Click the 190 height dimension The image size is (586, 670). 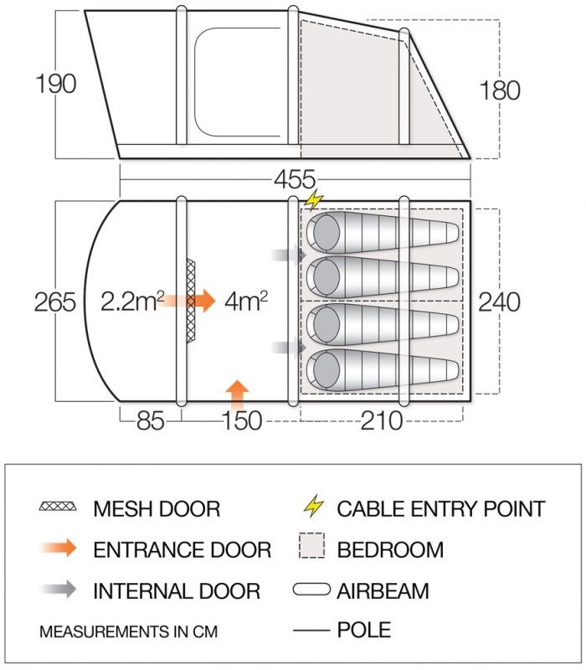coord(56,84)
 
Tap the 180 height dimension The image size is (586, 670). coord(499,90)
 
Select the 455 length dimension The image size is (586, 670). coord(295,179)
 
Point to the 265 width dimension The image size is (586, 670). coord(55,302)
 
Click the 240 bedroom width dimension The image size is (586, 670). coord(499,302)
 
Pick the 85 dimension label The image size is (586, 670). coord(151,421)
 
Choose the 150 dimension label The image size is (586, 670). coord(242,421)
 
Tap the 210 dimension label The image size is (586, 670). coord(382,421)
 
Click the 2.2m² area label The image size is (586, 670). coord(132,301)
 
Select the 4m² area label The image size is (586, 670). coord(246,301)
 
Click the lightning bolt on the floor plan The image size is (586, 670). coord(314,199)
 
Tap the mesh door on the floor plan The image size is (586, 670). coord(191,301)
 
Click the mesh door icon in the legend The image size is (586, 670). coord(58,507)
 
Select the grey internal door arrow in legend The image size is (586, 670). coord(58,590)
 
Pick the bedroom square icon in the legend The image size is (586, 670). coord(311,546)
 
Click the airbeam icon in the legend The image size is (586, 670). coord(311,590)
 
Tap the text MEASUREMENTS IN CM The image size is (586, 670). coord(129,631)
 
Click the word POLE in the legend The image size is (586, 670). coord(364,630)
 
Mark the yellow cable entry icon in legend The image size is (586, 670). coord(313,506)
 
